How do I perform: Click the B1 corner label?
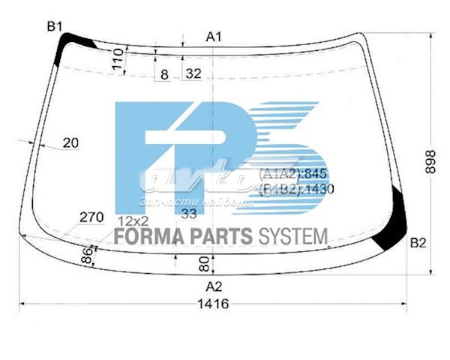[x=54, y=27]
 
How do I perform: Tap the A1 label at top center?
[x=214, y=36]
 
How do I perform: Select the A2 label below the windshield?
[x=214, y=286]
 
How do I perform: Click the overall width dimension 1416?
[x=214, y=304]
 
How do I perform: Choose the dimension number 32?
[x=193, y=73]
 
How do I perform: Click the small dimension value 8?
[x=164, y=73]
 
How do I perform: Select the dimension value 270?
[x=91, y=217]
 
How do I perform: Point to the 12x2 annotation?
[x=133, y=220]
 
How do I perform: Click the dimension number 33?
[x=190, y=214]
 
